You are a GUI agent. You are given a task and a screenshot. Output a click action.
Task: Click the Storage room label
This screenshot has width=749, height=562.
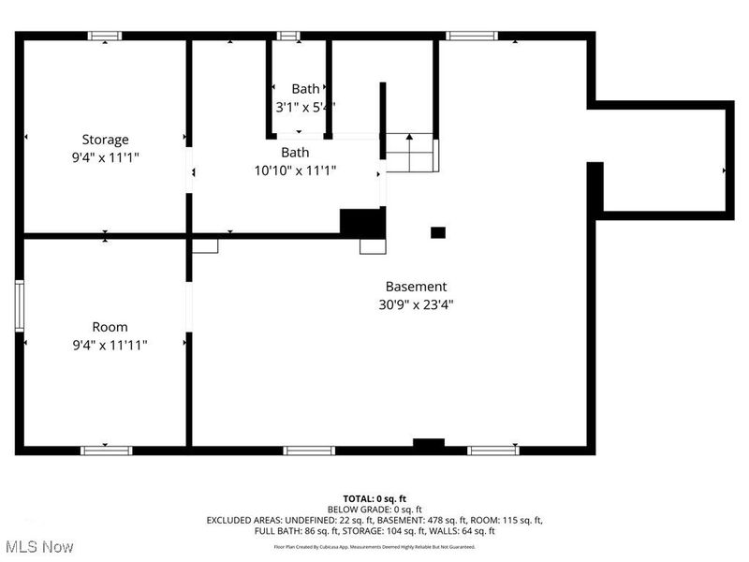click(105, 140)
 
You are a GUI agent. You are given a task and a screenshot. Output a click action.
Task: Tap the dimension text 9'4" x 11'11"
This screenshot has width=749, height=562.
click(110, 345)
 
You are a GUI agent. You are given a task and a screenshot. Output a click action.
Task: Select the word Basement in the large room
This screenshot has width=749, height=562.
click(416, 287)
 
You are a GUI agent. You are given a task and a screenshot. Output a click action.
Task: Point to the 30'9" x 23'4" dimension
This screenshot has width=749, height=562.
click(416, 303)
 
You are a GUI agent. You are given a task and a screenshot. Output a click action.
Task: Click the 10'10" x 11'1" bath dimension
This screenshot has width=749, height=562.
click(295, 170)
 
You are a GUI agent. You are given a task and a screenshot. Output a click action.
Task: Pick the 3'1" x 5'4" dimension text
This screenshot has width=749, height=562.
click(304, 107)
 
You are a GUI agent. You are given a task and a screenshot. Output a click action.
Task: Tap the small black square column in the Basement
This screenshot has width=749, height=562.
click(437, 232)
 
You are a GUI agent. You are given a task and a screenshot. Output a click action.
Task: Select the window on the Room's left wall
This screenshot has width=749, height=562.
click(19, 305)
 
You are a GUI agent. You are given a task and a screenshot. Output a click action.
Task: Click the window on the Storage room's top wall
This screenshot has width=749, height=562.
click(105, 37)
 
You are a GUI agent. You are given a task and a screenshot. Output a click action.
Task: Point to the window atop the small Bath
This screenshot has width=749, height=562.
click(287, 37)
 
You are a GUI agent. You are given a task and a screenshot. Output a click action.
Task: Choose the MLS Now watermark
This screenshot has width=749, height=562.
click(38, 545)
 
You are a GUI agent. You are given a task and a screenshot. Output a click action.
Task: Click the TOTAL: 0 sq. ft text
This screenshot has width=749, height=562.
click(374, 499)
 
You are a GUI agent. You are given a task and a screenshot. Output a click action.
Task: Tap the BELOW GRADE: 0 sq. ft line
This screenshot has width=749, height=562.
click(374, 510)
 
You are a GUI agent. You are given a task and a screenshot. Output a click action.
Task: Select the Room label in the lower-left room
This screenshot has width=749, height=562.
click(110, 327)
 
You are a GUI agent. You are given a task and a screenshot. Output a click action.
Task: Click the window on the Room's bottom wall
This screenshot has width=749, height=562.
click(107, 451)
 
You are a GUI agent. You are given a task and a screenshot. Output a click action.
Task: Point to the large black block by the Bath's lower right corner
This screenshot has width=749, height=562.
click(362, 222)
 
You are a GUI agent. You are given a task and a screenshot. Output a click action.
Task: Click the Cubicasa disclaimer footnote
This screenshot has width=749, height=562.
click(374, 546)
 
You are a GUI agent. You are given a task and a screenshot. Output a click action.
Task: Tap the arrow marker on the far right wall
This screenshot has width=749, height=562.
click(726, 171)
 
